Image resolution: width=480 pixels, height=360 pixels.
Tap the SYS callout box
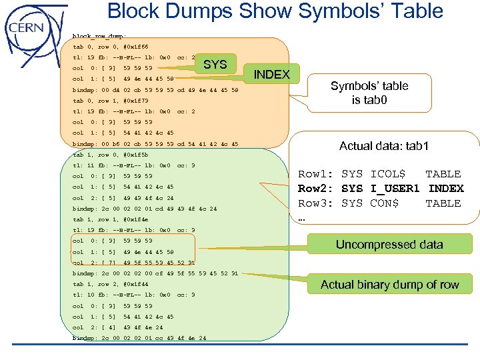tap(215, 65)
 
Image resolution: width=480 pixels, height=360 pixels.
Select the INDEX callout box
tap(272, 74)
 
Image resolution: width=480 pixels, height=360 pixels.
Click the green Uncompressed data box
tap(389, 244)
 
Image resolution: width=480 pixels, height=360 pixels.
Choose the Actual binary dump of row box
tap(389, 285)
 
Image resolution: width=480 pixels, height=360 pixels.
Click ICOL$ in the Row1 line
tap(387, 174)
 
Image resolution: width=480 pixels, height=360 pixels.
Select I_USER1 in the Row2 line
tap(396, 189)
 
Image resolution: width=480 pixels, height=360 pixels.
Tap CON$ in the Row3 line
tap(384, 203)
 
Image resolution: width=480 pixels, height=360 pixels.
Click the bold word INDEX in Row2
tap(445, 189)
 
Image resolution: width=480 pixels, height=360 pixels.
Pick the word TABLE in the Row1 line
tap(443, 174)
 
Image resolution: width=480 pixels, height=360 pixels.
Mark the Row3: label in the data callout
tap(314, 203)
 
